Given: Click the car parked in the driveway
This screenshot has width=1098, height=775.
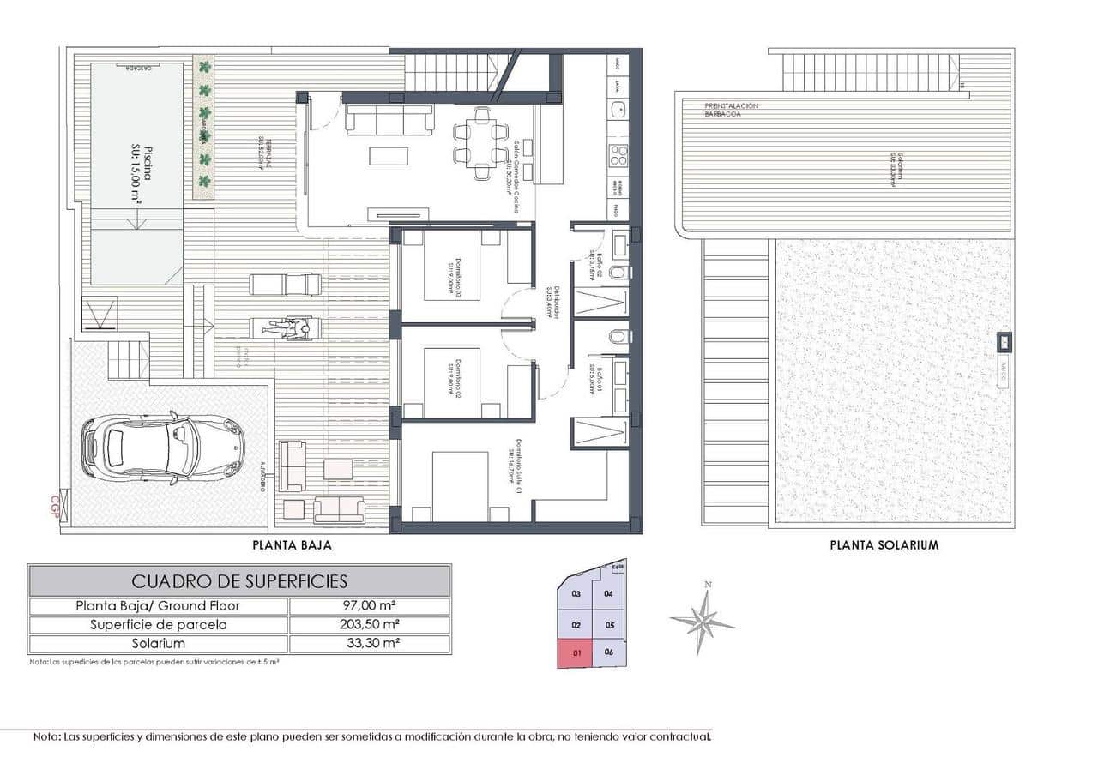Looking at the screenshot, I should click(x=163, y=448).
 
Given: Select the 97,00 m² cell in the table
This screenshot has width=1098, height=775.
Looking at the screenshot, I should click(x=369, y=606).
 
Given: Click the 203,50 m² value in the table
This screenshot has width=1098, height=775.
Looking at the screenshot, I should click(x=369, y=625).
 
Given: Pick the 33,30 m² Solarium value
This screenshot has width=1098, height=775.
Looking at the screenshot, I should click(x=369, y=643).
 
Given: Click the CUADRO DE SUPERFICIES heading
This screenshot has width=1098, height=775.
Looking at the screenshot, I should click(x=239, y=581).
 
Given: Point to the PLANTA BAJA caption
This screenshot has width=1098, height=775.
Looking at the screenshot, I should click(x=292, y=544).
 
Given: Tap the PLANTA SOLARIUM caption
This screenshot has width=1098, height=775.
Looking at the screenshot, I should click(x=884, y=544).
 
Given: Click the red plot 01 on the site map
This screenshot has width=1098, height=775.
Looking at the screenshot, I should click(x=576, y=653).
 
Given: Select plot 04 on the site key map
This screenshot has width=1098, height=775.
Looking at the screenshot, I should click(x=608, y=593).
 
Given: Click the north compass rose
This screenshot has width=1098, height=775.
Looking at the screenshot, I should click(x=703, y=618).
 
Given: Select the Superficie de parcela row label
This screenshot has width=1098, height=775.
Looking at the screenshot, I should click(x=159, y=625).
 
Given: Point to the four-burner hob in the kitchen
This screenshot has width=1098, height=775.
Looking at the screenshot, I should click(x=618, y=155).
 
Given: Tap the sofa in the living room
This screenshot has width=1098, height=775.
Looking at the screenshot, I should click(x=389, y=119).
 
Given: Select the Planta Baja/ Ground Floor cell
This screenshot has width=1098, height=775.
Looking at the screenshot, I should click(x=159, y=606).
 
